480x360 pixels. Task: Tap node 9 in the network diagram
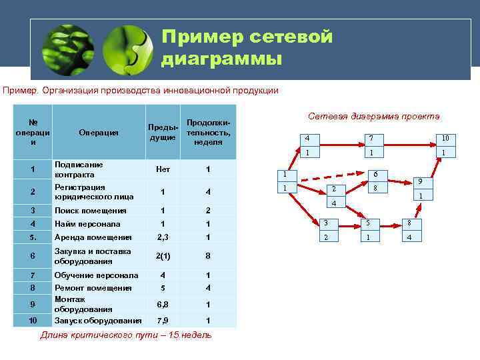420,188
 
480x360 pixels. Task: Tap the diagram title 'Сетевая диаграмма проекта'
374,116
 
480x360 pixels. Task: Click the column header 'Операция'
99,132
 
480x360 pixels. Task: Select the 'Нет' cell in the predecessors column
163,169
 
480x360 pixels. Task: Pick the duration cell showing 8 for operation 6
208,256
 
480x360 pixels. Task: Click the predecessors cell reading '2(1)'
163,256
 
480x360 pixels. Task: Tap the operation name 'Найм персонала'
87,224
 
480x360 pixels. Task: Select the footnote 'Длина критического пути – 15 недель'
126,335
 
